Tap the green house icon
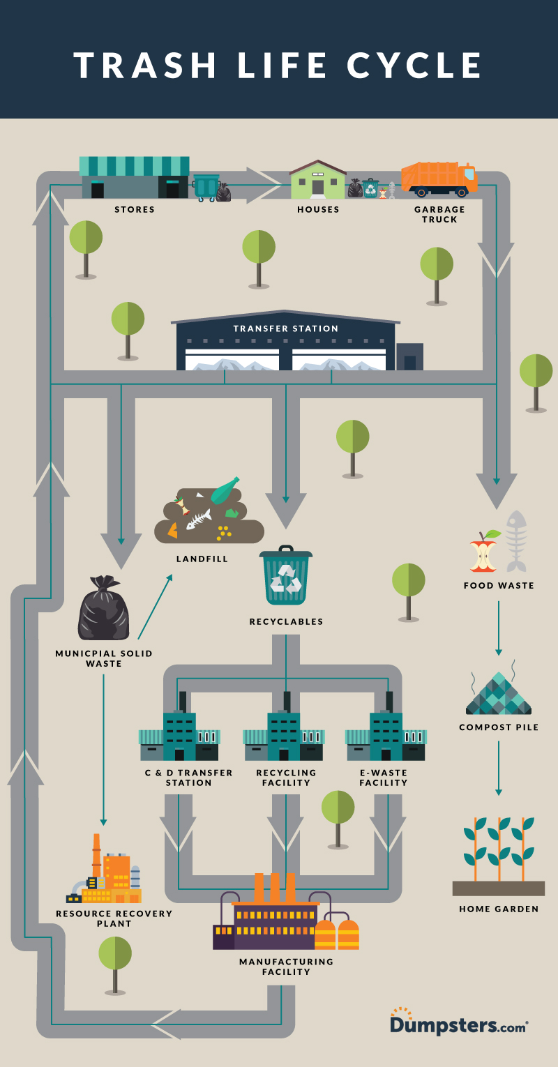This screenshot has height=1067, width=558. (x=318, y=181)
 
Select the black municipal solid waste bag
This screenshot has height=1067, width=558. (x=103, y=608)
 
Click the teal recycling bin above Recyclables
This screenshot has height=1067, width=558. (x=286, y=576)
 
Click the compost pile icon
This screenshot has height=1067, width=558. (x=498, y=695)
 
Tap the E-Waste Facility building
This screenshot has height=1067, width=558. (x=386, y=736)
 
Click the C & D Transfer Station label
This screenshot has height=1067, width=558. (x=188, y=778)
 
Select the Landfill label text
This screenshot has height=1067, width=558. (x=202, y=559)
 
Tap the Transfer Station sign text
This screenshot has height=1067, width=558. (x=286, y=328)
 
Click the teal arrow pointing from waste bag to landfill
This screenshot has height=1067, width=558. (x=155, y=607)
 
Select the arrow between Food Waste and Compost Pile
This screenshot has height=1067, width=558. (x=498, y=628)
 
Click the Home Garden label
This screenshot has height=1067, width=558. (x=499, y=909)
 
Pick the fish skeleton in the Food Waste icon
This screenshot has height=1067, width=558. (x=516, y=540)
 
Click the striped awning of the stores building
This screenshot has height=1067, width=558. (x=134, y=166)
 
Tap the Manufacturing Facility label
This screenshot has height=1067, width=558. (x=286, y=967)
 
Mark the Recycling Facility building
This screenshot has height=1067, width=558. (x=285, y=736)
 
